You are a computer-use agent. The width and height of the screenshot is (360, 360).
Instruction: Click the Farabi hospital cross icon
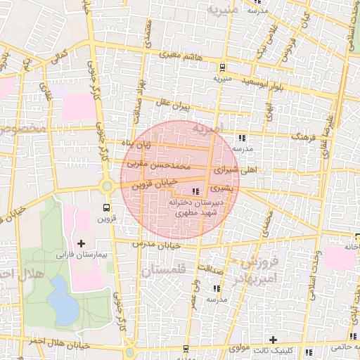[82, 243]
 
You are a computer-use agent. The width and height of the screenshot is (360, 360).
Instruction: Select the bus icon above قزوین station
[106, 207]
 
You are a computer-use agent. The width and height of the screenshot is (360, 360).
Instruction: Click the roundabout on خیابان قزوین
[107, 187]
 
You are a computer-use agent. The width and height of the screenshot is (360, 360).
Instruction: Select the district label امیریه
[208, 129]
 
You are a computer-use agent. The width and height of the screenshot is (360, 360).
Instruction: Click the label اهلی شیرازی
[239, 170]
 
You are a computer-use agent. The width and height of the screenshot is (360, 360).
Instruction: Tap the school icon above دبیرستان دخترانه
[195, 192]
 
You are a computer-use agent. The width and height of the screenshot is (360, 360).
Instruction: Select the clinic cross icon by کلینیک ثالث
[273, 340]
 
